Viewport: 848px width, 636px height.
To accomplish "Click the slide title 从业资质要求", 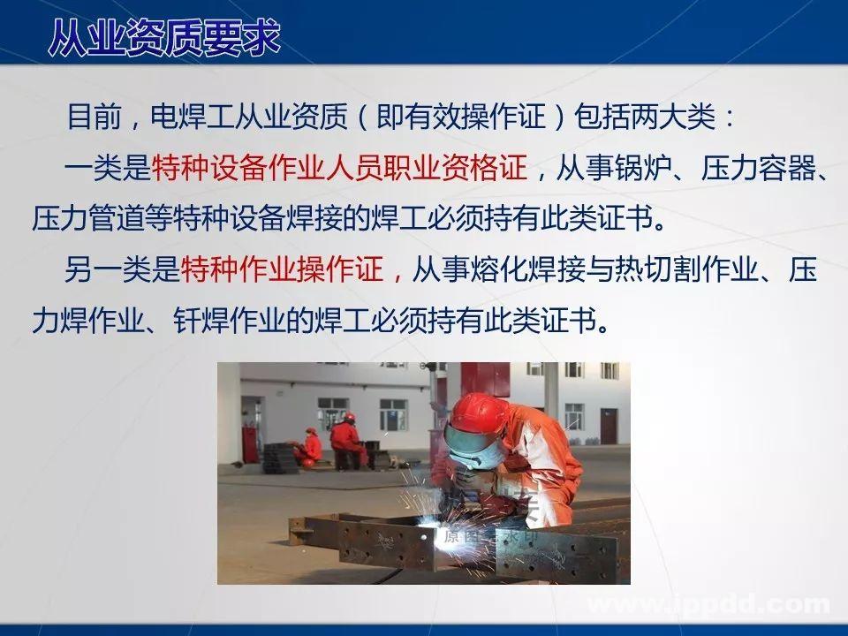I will pos(164,37).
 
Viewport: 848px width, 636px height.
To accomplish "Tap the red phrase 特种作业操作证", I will pos(282,269).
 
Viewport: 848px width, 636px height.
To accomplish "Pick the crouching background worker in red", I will pos(308,446).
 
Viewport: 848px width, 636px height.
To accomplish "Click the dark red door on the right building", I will pos(609,426).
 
